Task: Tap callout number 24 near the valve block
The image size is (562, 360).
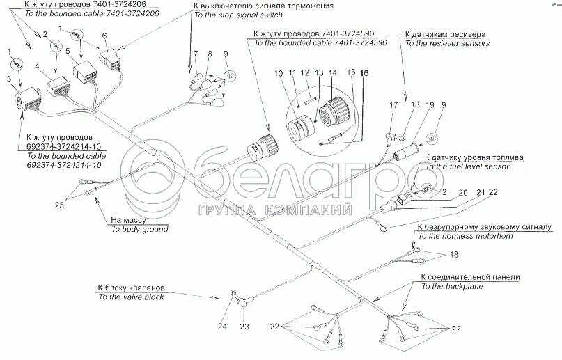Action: [222, 326]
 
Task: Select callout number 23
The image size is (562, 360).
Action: [244, 326]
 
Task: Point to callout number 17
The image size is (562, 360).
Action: [393, 105]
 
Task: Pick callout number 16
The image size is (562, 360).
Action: [363, 72]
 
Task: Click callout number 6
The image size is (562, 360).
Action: [104, 36]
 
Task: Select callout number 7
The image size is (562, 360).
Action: [197, 54]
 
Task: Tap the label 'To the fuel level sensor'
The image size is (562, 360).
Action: [470, 167]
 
